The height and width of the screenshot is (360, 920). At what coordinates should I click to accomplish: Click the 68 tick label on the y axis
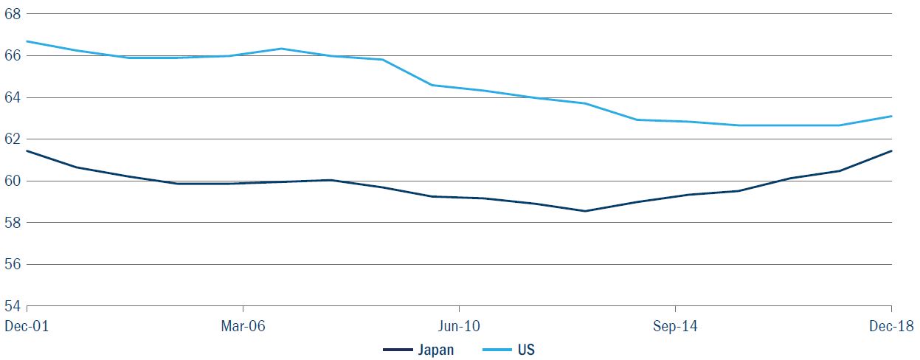coord(13,14)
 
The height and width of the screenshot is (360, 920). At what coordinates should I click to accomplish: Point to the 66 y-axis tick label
coord(13,55)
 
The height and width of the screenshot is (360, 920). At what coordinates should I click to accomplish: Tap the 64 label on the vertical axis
coord(13,97)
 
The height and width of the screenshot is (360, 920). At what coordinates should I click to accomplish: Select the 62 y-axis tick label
coord(13,139)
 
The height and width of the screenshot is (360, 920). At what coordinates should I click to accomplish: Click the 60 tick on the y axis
coord(13,181)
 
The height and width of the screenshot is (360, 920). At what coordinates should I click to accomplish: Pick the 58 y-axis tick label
coord(13,222)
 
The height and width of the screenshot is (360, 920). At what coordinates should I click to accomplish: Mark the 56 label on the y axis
coord(13,264)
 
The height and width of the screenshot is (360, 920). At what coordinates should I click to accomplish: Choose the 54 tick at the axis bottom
coord(13,305)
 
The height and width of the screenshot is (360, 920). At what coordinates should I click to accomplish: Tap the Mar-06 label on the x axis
coord(243,325)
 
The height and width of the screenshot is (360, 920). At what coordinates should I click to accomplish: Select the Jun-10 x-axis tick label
coord(459,325)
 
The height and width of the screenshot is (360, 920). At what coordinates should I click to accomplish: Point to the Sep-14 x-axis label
coord(675,325)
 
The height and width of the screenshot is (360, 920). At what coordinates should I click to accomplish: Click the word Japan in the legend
coord(437,350)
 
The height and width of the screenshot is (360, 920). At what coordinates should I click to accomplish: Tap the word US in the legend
coord(526,350)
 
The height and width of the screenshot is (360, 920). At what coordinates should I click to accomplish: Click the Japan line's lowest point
coord(584,211)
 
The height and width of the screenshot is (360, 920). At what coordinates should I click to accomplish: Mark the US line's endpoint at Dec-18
coord(891,116)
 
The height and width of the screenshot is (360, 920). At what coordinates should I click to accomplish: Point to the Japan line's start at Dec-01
coord(27,150)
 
